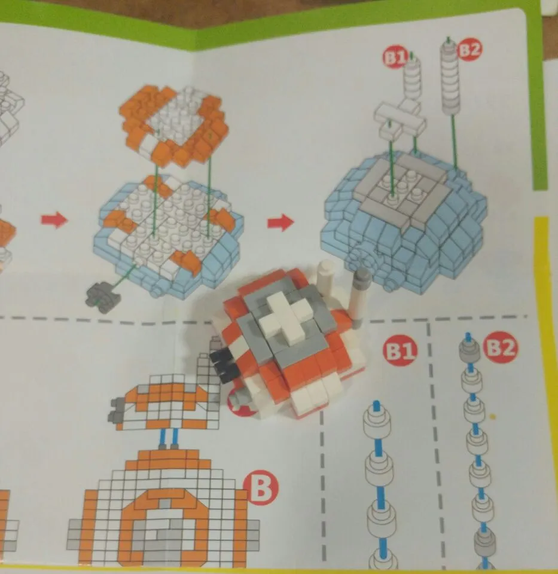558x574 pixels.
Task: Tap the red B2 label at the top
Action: coord(469,50)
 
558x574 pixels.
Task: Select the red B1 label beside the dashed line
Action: coord(401,350)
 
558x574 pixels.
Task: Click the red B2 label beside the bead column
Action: coord(501,347)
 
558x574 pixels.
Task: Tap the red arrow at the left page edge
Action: coord(54,221)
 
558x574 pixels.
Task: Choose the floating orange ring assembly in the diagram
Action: coord(173,125)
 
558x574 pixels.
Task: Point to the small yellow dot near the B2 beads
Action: coord(493,416)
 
